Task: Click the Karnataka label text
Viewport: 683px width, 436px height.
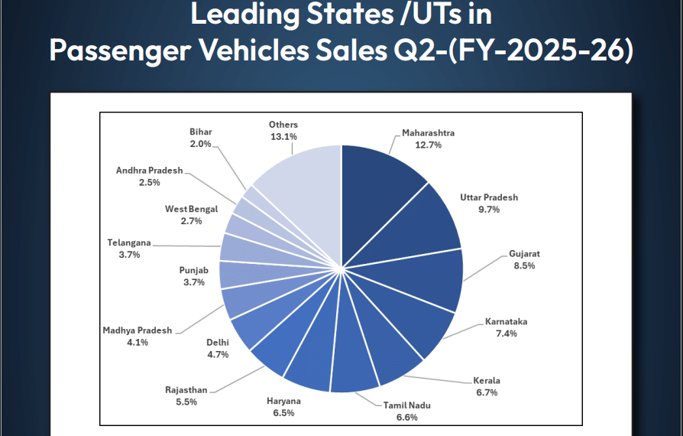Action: click(506, 322)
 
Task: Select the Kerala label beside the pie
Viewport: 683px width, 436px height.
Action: click(486, 380)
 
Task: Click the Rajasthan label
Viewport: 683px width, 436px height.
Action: click(186, 389)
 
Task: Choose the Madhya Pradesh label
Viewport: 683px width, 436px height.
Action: click(138, 330)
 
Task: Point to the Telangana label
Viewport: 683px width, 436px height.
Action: click(129, 242)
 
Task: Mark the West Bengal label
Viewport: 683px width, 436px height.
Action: click(191, 209)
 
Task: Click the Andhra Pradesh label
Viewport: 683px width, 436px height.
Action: click(150, 171)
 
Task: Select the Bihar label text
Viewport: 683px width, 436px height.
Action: click(201, 132)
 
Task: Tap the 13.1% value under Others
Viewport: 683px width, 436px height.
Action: click(283, 136)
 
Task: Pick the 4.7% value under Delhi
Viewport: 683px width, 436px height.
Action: click(217, 354)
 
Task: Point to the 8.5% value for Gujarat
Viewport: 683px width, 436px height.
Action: click(524, 265)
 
